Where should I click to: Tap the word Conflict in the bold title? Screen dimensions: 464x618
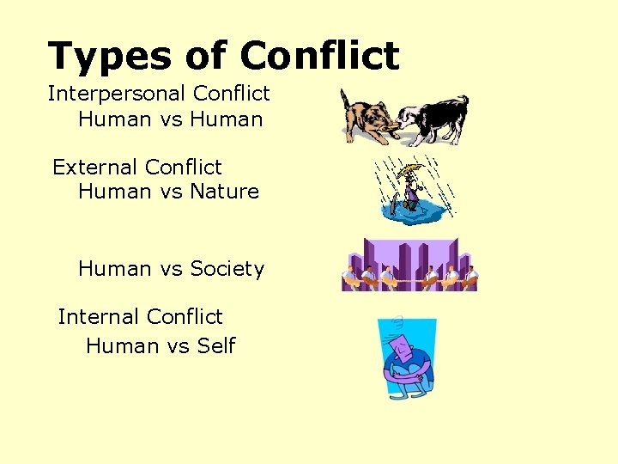click(x=319, y=57)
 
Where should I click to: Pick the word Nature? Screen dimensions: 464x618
click(x=224, y=192)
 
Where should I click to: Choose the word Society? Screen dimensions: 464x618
click(x=227, y=269)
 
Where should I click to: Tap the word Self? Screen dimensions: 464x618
click(x=215, y=346)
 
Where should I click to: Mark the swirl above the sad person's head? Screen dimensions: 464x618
click(x=397, y=323)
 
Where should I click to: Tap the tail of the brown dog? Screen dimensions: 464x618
click(x=343, y=95)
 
